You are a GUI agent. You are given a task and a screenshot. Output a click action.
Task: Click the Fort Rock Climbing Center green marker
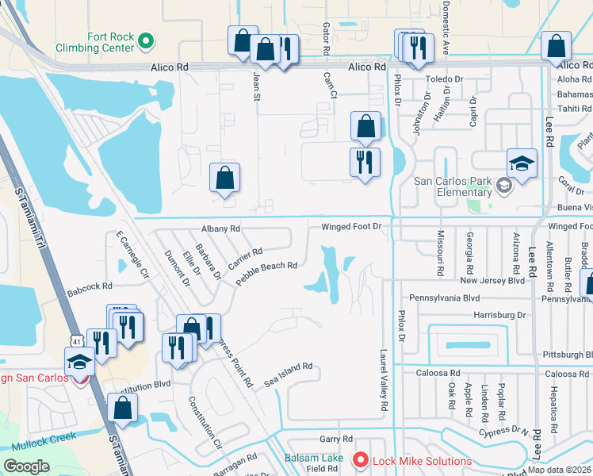(146, 40)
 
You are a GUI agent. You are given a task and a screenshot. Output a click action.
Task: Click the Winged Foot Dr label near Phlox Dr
(352, 227)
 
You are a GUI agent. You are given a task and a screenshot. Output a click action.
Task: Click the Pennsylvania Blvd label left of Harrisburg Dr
(445, 297)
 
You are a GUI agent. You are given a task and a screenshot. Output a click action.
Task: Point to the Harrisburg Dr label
(499, 314)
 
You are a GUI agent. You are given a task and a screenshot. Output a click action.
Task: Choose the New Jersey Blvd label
(492, 280)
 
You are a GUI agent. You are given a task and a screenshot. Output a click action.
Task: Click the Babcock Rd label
(90, 285)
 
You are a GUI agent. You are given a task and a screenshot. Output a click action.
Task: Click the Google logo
(26, 466)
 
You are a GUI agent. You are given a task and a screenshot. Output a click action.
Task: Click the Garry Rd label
(335, 438)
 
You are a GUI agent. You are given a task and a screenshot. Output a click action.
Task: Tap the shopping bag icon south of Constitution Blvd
(123, 409)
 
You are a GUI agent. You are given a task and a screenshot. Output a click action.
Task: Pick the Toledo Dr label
(446, 79)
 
